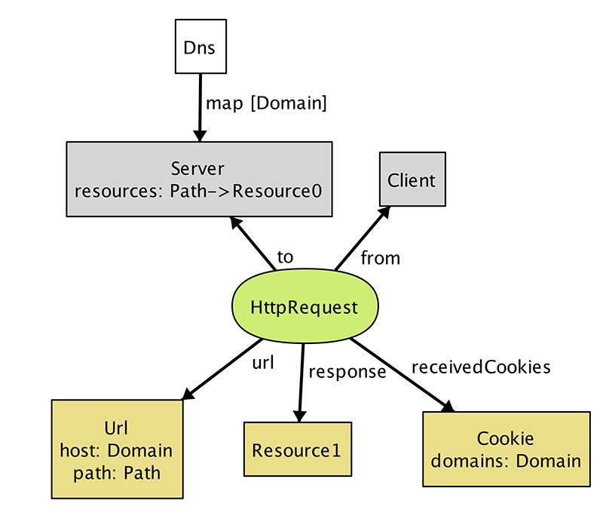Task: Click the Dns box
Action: [x=200, y=46]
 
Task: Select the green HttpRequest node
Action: [x=305, y=306]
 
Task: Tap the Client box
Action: [x=412, y=180]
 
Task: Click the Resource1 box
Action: [x=298, y=449]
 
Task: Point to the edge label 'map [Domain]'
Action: [x=266, y=103]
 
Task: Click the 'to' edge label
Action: [x=286, y=257]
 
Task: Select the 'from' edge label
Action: [x=381, y=258]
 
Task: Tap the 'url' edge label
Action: [x=263, y=362]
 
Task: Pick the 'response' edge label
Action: [x=347, y=372]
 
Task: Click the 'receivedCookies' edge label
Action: [x=481, y=367]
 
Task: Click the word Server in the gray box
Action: [x=197, y=168]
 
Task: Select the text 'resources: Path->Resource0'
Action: [x=198, y=191]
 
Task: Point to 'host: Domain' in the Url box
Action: [x=116, y=450]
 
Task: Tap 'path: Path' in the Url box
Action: [x=117, y=473]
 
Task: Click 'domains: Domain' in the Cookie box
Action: [x=506, y=461]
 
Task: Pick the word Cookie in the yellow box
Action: [x=505, y=438]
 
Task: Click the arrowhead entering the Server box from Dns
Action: [x=200, y=136]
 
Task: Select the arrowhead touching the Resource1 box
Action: [x=299, y=416]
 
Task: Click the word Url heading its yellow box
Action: [x=116, y=428]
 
